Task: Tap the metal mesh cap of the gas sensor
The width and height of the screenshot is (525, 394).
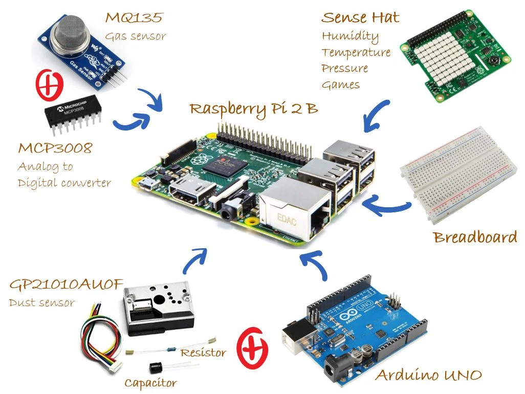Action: click(74, 31)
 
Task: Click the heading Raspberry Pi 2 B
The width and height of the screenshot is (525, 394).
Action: click(253, 109)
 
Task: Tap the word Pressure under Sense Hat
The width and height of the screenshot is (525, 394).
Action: click(344, 69)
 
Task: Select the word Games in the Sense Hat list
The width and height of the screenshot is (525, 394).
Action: click(340, 85)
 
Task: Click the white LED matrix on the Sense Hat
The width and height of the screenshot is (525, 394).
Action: click(440, 57)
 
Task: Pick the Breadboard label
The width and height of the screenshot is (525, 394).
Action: click(475, 238)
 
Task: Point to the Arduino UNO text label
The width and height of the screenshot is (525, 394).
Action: click(428, 376)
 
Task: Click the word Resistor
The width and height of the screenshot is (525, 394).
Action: click(203, 353)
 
